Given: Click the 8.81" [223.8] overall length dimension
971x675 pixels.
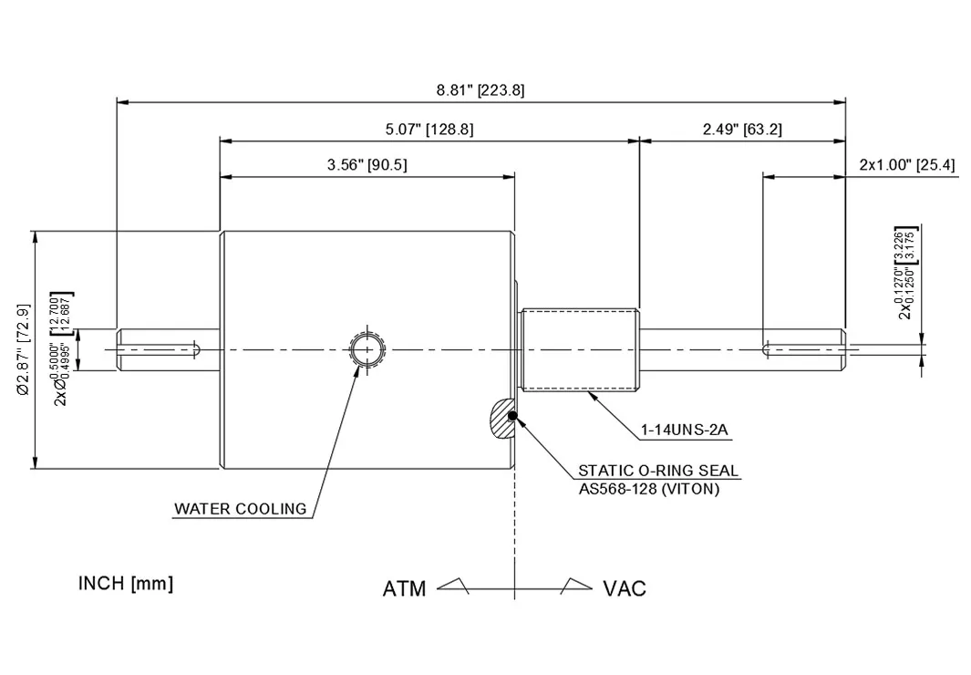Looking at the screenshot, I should (x=480, y=89).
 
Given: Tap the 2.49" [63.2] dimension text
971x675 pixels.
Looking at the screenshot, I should (x=741, y=130).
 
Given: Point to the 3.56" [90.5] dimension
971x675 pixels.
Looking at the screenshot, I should (x=367, y=165).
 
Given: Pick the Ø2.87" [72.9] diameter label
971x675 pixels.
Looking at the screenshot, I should (x=24, y=350).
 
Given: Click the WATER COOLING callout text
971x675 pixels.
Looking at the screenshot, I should (x=241, y=509).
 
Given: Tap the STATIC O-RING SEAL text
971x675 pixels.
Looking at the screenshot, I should (x=658, y=472).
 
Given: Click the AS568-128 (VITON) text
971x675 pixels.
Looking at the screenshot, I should (x=649, y=489).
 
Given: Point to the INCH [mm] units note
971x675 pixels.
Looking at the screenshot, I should (x=126, y=583).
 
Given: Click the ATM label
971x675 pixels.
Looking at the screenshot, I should (x=404, y=589).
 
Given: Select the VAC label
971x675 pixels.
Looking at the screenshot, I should (x=625, y=589).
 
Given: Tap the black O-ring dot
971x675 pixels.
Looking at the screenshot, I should (x=512, y=417).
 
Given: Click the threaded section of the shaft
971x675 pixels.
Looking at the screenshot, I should (x=579, y=350).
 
